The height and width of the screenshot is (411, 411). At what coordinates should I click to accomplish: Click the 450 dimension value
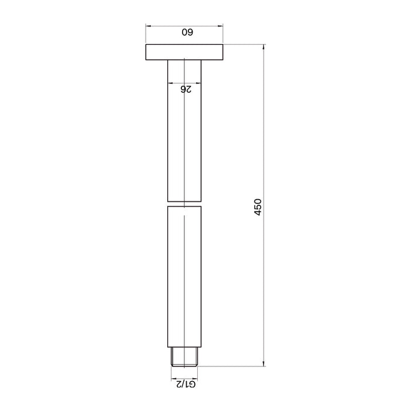coord(258,207)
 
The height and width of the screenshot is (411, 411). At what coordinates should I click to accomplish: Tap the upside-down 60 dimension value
coord(187,32)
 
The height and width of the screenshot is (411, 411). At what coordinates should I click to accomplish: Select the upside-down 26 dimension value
coord(186,89)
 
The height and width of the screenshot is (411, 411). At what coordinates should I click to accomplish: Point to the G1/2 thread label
coord(186,384)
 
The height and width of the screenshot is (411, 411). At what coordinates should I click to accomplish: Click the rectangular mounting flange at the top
coord(184,52)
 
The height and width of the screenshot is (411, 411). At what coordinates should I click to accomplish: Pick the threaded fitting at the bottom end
coord(184,357)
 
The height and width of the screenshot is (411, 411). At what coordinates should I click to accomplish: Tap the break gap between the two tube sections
coord(184,204)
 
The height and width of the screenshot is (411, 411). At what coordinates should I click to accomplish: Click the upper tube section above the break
coord(184,131)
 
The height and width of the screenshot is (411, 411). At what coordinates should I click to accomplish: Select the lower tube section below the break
coord(184,277)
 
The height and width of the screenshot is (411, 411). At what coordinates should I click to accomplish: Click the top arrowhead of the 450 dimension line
coord(264,47)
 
